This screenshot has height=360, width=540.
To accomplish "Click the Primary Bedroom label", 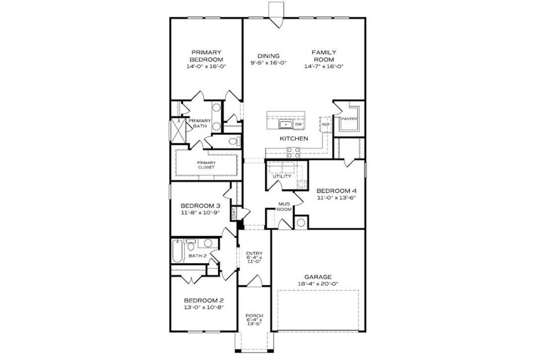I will [x=206, y=55].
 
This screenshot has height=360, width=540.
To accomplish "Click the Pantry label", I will [x=349, y=119].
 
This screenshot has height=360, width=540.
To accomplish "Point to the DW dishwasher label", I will [x=298, y=124].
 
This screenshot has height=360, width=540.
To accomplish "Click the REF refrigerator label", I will [x=326, y=124].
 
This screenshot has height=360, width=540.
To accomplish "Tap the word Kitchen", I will [x=293, y=139].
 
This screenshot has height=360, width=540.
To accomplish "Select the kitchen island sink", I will [x=285, y=124].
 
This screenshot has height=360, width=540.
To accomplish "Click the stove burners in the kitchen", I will [x=293, y=153].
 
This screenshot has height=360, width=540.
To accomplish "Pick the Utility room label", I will [x=282, y=177].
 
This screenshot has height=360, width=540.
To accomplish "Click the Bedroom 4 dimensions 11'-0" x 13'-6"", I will [x=337, y=197].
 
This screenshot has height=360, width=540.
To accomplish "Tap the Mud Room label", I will [x=284, y=206].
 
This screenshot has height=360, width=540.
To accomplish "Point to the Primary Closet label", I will [x=206, y=165].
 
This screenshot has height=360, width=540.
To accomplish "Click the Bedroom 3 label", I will [x=200, y=206].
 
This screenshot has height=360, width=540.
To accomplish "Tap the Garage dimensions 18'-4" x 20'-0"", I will [x=318, y=284].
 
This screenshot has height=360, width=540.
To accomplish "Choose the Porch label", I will [x=254, y=316].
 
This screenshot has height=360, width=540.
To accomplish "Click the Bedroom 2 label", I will [x=203, y=300].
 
